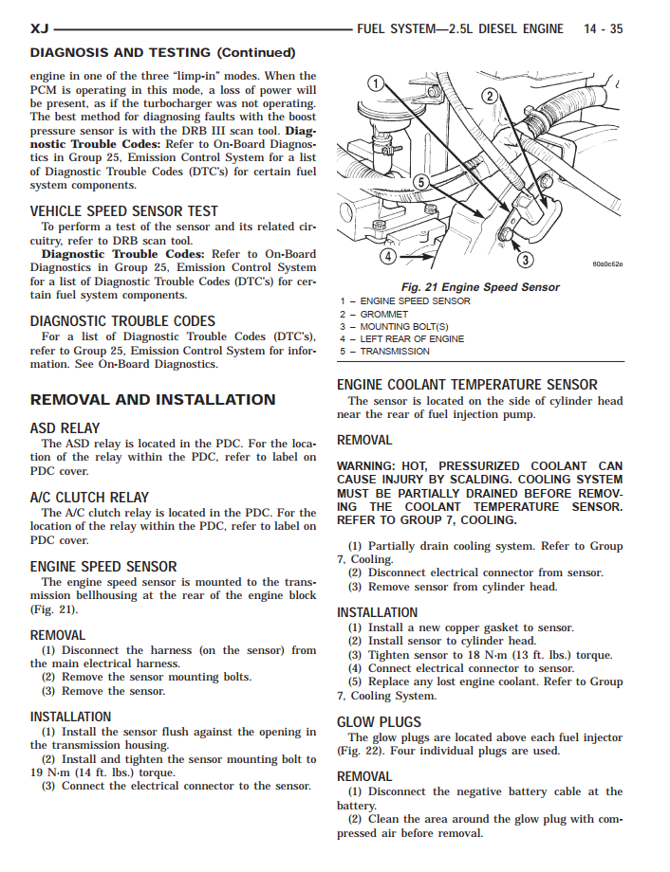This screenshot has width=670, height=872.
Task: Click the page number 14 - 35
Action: (x=603, y=29)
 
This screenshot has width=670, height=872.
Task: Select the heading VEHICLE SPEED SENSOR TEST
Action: (x=123, y=211)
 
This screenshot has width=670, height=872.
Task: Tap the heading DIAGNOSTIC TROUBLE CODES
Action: (x=122, y=321)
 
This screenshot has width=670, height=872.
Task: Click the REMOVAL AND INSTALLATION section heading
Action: (x=153, y=400)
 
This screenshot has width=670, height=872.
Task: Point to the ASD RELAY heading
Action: (x=65, y=428)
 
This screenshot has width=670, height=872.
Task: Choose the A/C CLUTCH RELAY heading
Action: (x=89, y=498)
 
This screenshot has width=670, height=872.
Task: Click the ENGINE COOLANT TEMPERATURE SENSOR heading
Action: (x=467, y=385)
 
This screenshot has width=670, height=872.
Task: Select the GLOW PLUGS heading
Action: (x=379, y=722)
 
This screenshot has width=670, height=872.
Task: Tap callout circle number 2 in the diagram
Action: (x=490, y=95)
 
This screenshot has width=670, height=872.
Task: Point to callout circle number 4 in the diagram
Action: (x=388, y=255)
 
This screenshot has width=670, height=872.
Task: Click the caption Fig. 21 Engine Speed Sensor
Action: (x=480, y=287)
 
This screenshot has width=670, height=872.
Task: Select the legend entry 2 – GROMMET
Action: (x=374, y=314)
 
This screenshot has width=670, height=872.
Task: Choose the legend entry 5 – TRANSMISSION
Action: (x=384, y=351)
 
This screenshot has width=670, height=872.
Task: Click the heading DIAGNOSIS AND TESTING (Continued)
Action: (x=162, y=53)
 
